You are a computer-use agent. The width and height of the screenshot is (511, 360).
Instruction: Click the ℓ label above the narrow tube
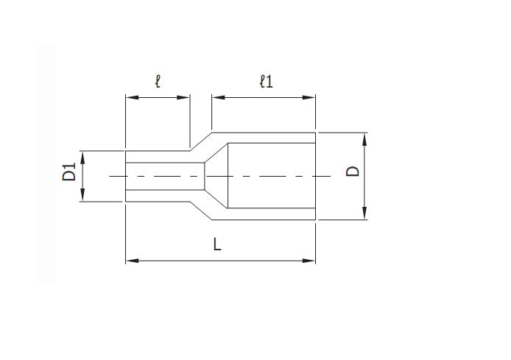(x=158, y=80)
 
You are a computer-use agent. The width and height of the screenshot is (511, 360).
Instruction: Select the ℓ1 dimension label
(x=266, y=81)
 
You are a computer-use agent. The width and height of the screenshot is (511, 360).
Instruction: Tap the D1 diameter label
(x=69, y=175)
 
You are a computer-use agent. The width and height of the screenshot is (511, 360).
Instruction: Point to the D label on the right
(x=353, y=172)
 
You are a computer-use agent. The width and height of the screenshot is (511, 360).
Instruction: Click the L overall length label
(x=217, y=244)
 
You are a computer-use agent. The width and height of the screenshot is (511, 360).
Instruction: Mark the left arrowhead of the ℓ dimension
(x=130, y=96)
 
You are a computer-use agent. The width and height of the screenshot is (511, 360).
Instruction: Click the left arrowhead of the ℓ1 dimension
(x=216, y=96)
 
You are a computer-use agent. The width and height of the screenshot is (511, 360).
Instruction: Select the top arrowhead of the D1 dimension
(x=83, y=155)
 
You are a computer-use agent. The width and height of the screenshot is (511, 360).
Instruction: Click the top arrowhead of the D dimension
(x=364, y=137)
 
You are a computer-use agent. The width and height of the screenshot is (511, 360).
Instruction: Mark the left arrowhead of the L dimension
(x=130, y=260)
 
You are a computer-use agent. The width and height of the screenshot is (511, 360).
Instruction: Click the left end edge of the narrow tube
(x=126, y=176)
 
